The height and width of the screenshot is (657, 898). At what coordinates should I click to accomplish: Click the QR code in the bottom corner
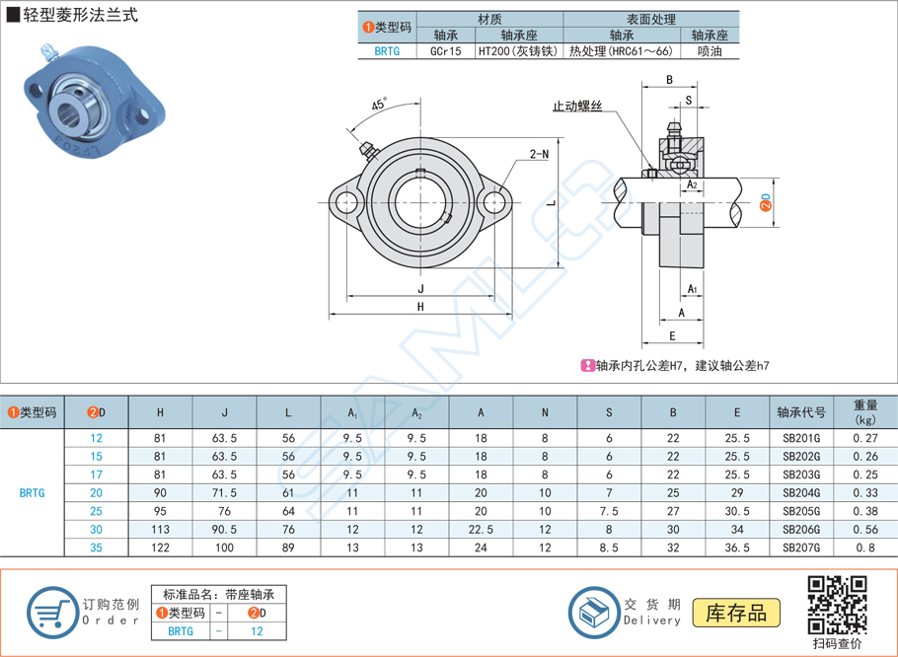(837, 604)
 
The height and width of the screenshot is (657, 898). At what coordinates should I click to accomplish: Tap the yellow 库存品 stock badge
(736, 613)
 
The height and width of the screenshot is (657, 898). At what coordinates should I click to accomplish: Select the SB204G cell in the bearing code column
(801, 492)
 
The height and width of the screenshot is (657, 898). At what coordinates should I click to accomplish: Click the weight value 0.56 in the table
(864, 529)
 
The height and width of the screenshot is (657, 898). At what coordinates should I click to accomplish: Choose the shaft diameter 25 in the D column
(96, 511)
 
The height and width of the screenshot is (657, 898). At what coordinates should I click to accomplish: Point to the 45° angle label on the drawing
(379, 105)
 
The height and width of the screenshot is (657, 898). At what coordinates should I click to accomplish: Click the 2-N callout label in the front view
(539, 155)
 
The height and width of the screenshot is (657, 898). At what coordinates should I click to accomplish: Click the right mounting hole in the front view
(493, 202)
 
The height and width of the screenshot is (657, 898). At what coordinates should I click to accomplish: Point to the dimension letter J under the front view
(419, 289)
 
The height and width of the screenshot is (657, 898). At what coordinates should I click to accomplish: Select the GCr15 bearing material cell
(448, 52)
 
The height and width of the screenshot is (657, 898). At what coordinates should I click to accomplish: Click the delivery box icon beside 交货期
(596, 612)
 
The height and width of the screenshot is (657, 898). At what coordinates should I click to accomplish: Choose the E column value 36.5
(737, 547)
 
